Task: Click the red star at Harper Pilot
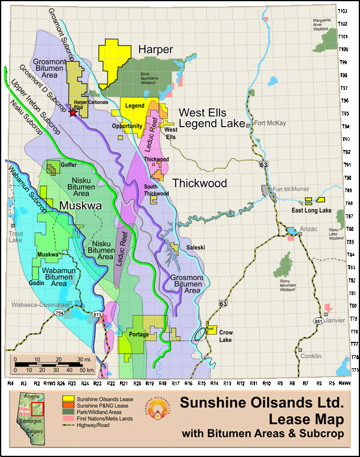click(x=73, y=112)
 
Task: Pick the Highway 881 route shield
click(x=316, y=321)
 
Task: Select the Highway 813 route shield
click(x=97, y=312)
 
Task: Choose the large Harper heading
click(x=155, y=49)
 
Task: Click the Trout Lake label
click(x=15, y=236)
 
